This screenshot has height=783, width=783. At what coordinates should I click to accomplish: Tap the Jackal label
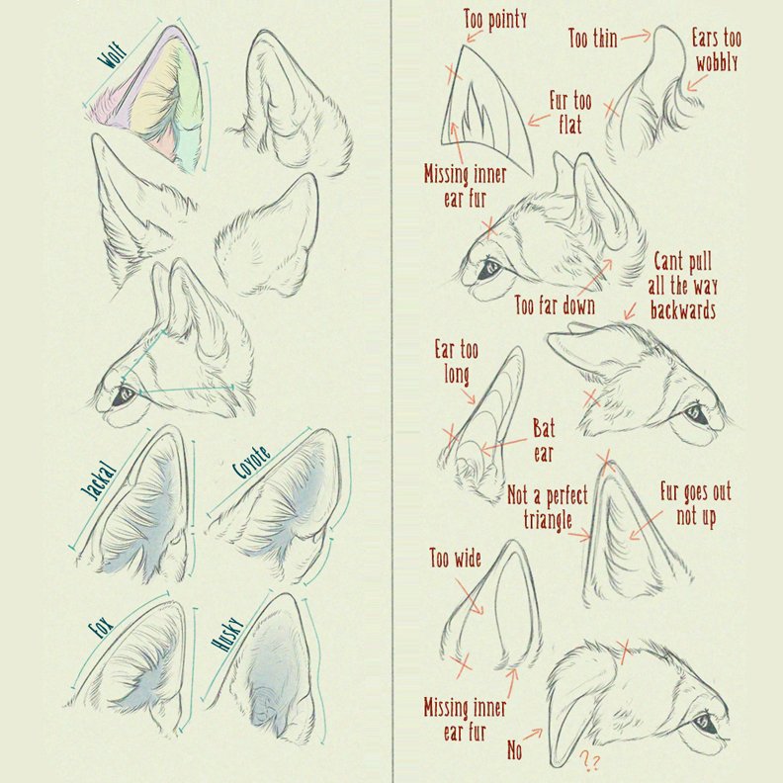click(98, 481)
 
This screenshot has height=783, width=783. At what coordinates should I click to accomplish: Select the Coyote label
click(252, 462)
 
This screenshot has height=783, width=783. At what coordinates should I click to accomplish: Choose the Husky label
click(227, 634)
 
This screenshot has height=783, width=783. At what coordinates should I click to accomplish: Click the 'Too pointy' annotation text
click(495, 20)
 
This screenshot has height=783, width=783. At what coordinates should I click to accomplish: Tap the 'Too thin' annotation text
click(593, 38)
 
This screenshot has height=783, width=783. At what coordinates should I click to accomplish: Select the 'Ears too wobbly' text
click(717, 50)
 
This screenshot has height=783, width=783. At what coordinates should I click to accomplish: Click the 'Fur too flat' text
click(570, 113)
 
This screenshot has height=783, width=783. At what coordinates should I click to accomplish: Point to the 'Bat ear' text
click(544, 441)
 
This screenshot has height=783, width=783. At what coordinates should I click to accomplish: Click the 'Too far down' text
click(555, 305)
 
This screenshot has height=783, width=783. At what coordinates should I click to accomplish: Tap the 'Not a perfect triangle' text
click(548, 507)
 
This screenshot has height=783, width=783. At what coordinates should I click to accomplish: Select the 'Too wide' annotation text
click(456, 559)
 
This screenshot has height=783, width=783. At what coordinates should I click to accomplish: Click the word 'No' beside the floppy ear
click(514, 749)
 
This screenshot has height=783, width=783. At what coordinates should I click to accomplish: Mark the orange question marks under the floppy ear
click(590, 761)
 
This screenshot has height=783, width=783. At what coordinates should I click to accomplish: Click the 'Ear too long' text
click(457, 362)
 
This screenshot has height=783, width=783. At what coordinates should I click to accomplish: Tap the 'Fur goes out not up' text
click(696, 504)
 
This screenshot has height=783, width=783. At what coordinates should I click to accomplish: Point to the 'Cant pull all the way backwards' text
click(683, 286)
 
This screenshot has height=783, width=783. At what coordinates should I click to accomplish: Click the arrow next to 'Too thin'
click(637, 36)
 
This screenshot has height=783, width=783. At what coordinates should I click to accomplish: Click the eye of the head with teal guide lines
click(123, 396)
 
